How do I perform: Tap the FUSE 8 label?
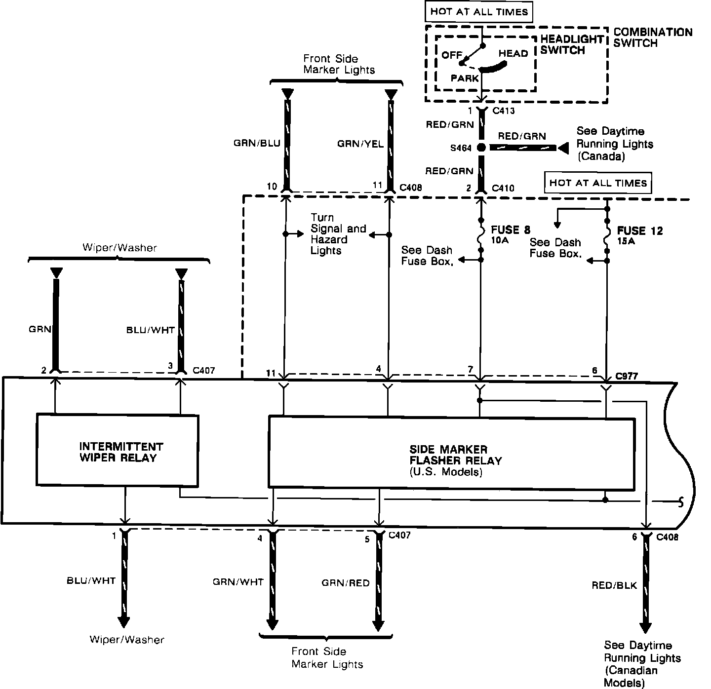[511, 230]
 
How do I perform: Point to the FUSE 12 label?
[640, 230]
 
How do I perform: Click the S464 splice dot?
[481, 148]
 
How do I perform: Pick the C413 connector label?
[504, 111]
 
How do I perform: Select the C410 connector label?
[504, 188]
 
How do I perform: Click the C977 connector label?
[626, 376]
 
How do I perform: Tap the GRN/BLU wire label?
[257, 144]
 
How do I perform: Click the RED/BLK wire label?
[614, 585]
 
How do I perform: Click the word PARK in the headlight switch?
[465, 78]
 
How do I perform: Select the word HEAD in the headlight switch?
[513, 53]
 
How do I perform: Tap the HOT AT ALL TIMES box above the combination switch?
[479, 12]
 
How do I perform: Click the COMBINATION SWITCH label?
[653, 38]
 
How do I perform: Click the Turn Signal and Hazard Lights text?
[338, 234]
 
